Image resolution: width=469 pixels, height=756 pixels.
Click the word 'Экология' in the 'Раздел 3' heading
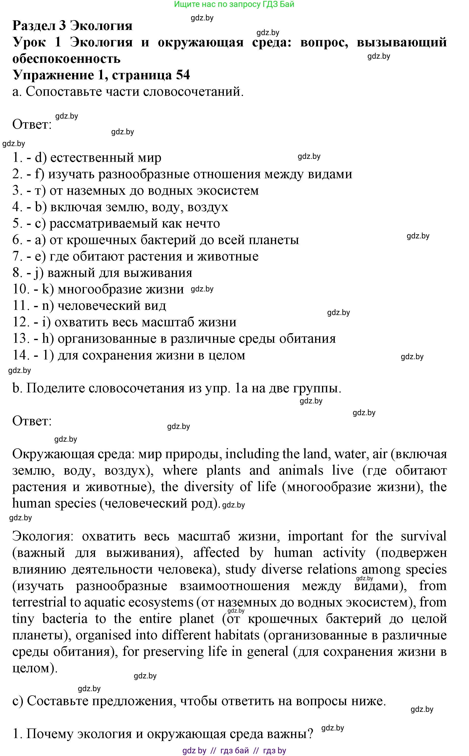tap(101, 26)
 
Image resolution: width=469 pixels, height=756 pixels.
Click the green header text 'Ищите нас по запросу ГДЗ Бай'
tap(234, 4)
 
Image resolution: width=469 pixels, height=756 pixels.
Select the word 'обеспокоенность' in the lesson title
tap(66, 59)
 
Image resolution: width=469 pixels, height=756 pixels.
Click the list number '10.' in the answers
tap(21, 289)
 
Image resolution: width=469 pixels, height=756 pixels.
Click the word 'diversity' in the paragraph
tap(208, 487)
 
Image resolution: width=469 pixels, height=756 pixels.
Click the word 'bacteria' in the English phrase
tap(65, 619)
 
